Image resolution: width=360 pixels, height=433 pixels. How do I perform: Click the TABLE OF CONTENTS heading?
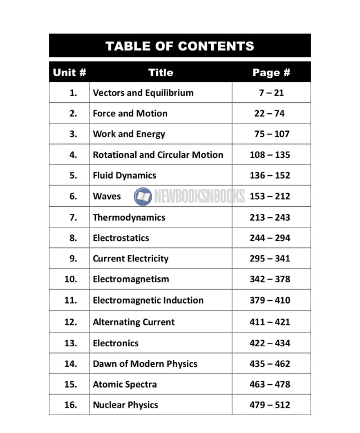[179, 46]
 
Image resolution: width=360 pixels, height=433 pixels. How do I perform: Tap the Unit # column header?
[69, 72]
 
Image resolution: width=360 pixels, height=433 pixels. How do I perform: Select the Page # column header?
[271, 72]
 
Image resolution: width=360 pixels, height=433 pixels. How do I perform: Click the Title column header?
[161, 72]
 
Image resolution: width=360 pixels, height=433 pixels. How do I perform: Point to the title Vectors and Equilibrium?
[143, 93]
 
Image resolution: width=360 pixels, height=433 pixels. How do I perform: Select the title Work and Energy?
[129, 134]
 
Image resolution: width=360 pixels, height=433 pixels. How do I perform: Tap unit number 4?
[73, 155]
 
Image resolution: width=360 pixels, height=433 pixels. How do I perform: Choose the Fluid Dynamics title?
[124, 175]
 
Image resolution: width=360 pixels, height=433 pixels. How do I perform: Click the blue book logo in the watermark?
[143, 196]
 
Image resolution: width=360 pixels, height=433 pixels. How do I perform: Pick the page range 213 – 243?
[269, 217]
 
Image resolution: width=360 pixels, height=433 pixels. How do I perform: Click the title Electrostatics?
[121, 238]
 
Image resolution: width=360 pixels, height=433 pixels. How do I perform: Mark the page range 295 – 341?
[269, 258]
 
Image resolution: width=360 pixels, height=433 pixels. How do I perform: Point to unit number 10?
[71, 279]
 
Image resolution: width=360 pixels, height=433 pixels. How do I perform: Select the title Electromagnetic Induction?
[148, 300]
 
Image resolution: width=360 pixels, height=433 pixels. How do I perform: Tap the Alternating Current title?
[133, 322]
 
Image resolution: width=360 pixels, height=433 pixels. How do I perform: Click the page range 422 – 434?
[269, 343]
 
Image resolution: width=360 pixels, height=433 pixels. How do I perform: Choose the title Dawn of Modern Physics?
[144, 364]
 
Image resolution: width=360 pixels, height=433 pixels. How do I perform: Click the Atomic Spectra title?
[124, 384]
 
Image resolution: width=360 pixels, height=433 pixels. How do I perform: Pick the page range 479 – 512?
[269, 405]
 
